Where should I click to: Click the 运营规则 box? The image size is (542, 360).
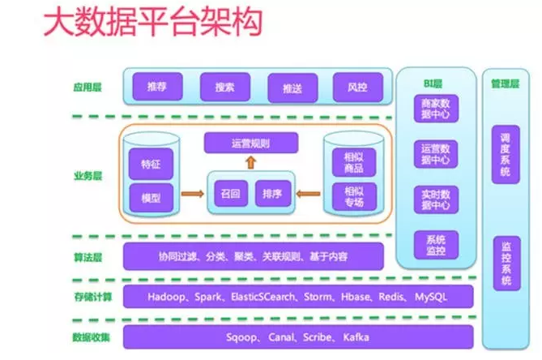pyautogui.click(x=250, y=144)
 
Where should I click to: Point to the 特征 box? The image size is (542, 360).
pyautogui.click(x=152, y=164)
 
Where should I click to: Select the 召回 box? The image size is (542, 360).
pyautogui.click(x=230, y=195)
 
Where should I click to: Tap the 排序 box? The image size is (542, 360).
pyautogui.click(x=271, y=195)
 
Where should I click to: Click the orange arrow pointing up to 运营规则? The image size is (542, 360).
pyautogui.click(x=250, y=163)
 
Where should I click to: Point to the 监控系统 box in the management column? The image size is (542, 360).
pyautogui.click(x=507, y=264)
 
